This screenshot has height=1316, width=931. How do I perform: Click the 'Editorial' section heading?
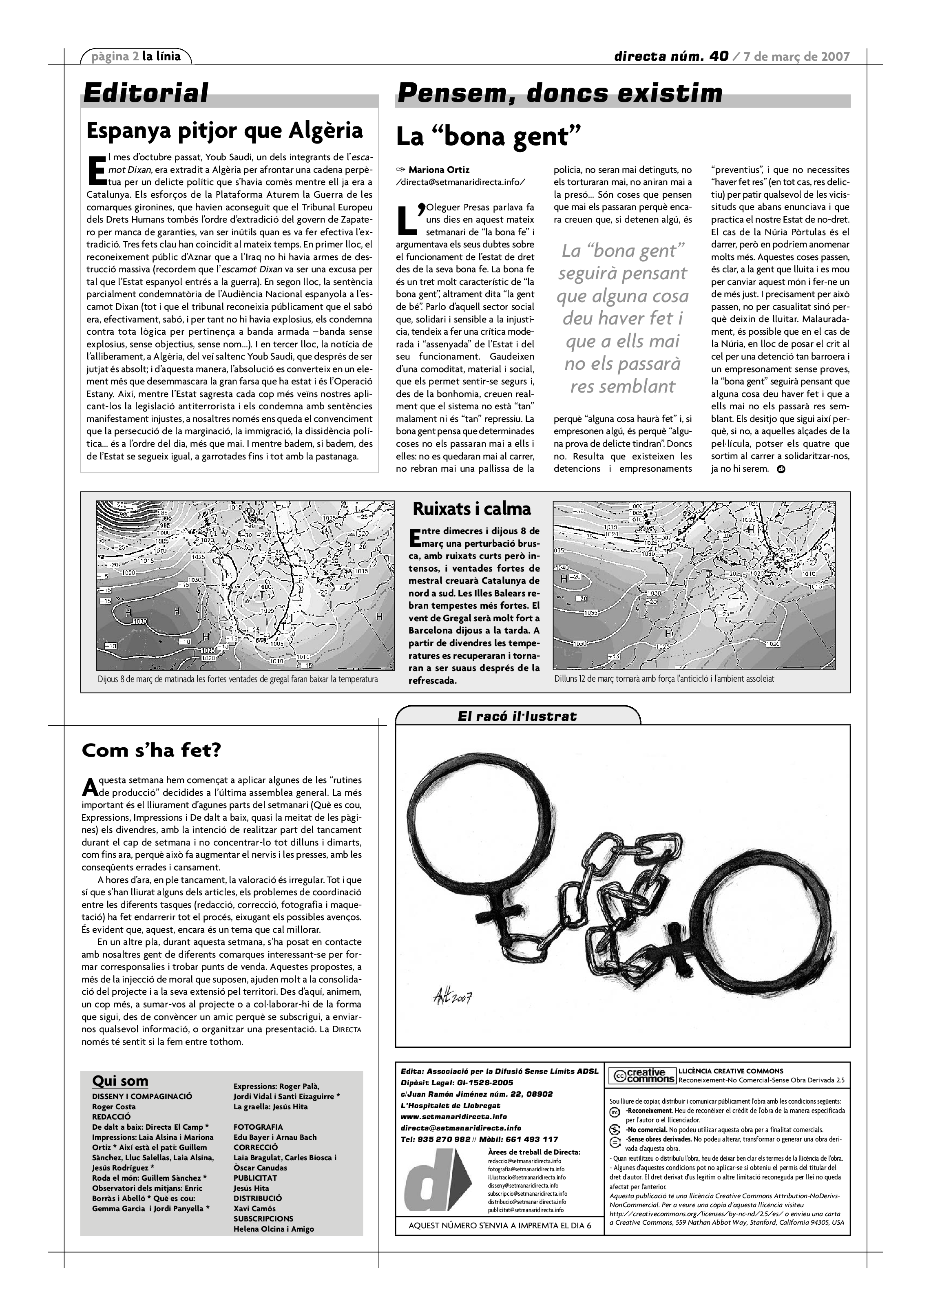click(146, 93)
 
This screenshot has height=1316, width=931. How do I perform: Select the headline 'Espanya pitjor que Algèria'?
click(224, 131)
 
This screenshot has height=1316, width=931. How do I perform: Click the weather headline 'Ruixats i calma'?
click(472, 509)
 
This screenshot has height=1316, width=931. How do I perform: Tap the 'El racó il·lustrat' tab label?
click(517, 716)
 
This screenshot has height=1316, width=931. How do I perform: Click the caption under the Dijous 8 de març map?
click(238, 679)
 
